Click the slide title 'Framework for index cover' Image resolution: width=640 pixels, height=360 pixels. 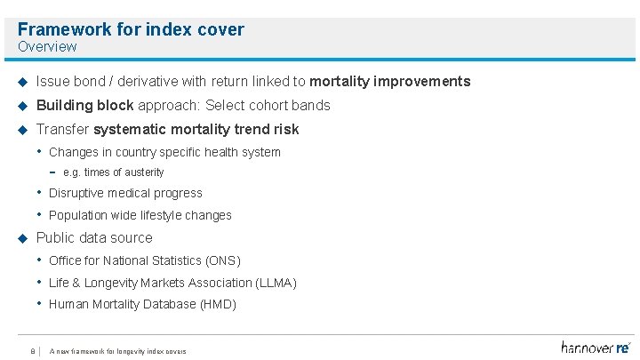pyautogui.click(x=131, y=29)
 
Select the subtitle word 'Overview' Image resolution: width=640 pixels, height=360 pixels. pyautogui.click(x=47, y=46)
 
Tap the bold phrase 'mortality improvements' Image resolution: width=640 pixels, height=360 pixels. pyautogui.click(x=389, y=82)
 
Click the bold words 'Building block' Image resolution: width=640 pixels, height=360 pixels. pyautogui.click(x=84, y=106)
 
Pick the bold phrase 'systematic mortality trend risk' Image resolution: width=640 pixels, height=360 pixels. pyautogui.click(x=196, y=130)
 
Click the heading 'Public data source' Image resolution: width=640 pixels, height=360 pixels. pyautogui.click(x=94, y=238)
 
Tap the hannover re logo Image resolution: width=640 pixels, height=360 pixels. pyautogui.click(x=595, y=347)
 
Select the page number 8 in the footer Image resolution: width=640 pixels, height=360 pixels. pyautogui.click(x=32, y=351)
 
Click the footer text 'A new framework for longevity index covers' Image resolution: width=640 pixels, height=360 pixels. pyautogui.click(x=118, y=351)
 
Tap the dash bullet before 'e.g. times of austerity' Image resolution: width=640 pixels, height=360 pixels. pyautogui.click(x=53, y=172)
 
